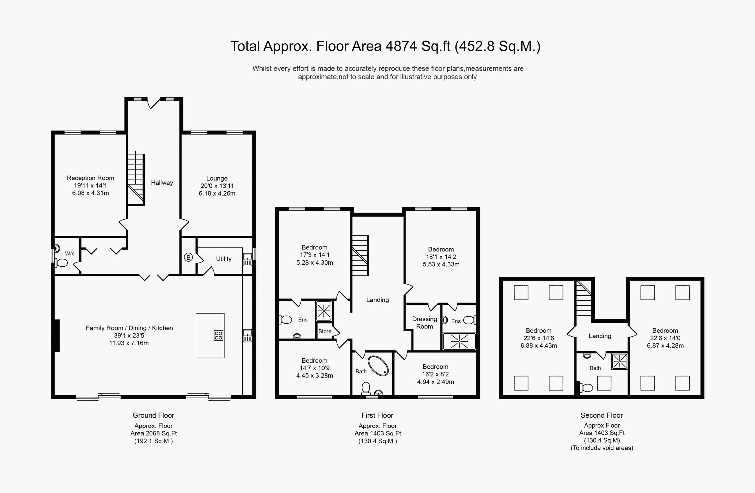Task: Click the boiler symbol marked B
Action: coord(188,257)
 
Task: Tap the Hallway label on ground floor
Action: coord(162,183)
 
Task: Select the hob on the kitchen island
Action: coord(218,336)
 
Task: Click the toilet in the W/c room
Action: coord(62,263)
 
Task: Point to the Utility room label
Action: coord(224,259)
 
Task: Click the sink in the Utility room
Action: coord(247,259)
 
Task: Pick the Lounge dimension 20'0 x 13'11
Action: coord(217,186)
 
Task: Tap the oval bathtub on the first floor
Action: coord(378,366)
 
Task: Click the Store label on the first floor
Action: coord(325,331)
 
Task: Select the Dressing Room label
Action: coord(424,323)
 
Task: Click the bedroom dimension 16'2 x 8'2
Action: coord(435,374)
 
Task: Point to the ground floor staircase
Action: coord(136,179)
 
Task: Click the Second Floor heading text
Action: coord(601,415)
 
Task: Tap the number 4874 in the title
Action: coord(401,46)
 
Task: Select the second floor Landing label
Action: coord(600,336)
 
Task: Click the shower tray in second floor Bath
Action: coord(619,361)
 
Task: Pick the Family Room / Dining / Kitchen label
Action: coord(129,328)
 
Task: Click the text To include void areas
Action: coord(601,448)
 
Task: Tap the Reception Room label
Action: coord(90,178)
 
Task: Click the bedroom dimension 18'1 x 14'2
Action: coord(441,257)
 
